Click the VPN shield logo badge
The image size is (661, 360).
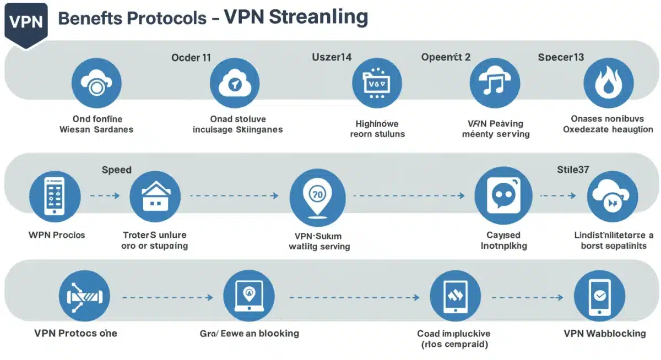pyautogui.click(x=26, y=23)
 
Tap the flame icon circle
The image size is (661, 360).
pyautogui.click(x=608, y=83)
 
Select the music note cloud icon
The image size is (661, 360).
pyautogui.click(x=495, y=83)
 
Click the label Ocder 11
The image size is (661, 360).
pyautogui.click(x=191, y=57)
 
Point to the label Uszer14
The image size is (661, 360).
pyautogui.click(x=332, y=57)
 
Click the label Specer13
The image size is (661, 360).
pyautogui.click(x=561, y=57)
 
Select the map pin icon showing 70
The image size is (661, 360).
pyautogui.click(x=317, y=196)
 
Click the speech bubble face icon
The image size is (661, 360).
pyautogui.click(x=503, y=196)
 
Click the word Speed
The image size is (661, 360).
pyautogui.click(x=117, y=170)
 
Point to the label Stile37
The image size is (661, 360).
pyautogui.click(x=573, y=170)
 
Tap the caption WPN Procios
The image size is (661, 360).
pyautogui.click(x=57, y=235)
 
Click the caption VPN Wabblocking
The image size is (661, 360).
pyautogui.click(x=605, y=334)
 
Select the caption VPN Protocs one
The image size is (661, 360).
pyautogui.click(x=75, y=333)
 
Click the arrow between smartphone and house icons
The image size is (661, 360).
pyautogui.click(x=105, y=195)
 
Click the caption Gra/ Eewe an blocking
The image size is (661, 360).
pyautogui.click(x=250, y=333)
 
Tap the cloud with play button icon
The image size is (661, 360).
pyautogui.click(x=612, y=197)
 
